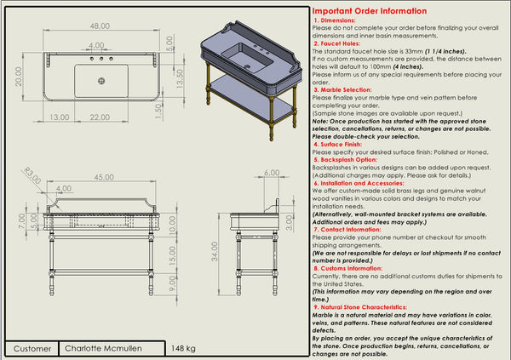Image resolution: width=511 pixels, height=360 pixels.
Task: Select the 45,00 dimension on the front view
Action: (103, 178)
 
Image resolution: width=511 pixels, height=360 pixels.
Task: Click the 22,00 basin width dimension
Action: (102, 117)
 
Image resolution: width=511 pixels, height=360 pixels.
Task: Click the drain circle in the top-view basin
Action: (101, 81)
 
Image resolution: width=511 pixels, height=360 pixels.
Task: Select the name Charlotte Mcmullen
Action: (101, 349)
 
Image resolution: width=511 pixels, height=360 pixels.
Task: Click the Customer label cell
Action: (32, 349)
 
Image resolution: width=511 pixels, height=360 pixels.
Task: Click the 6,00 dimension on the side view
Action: (272, 173)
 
